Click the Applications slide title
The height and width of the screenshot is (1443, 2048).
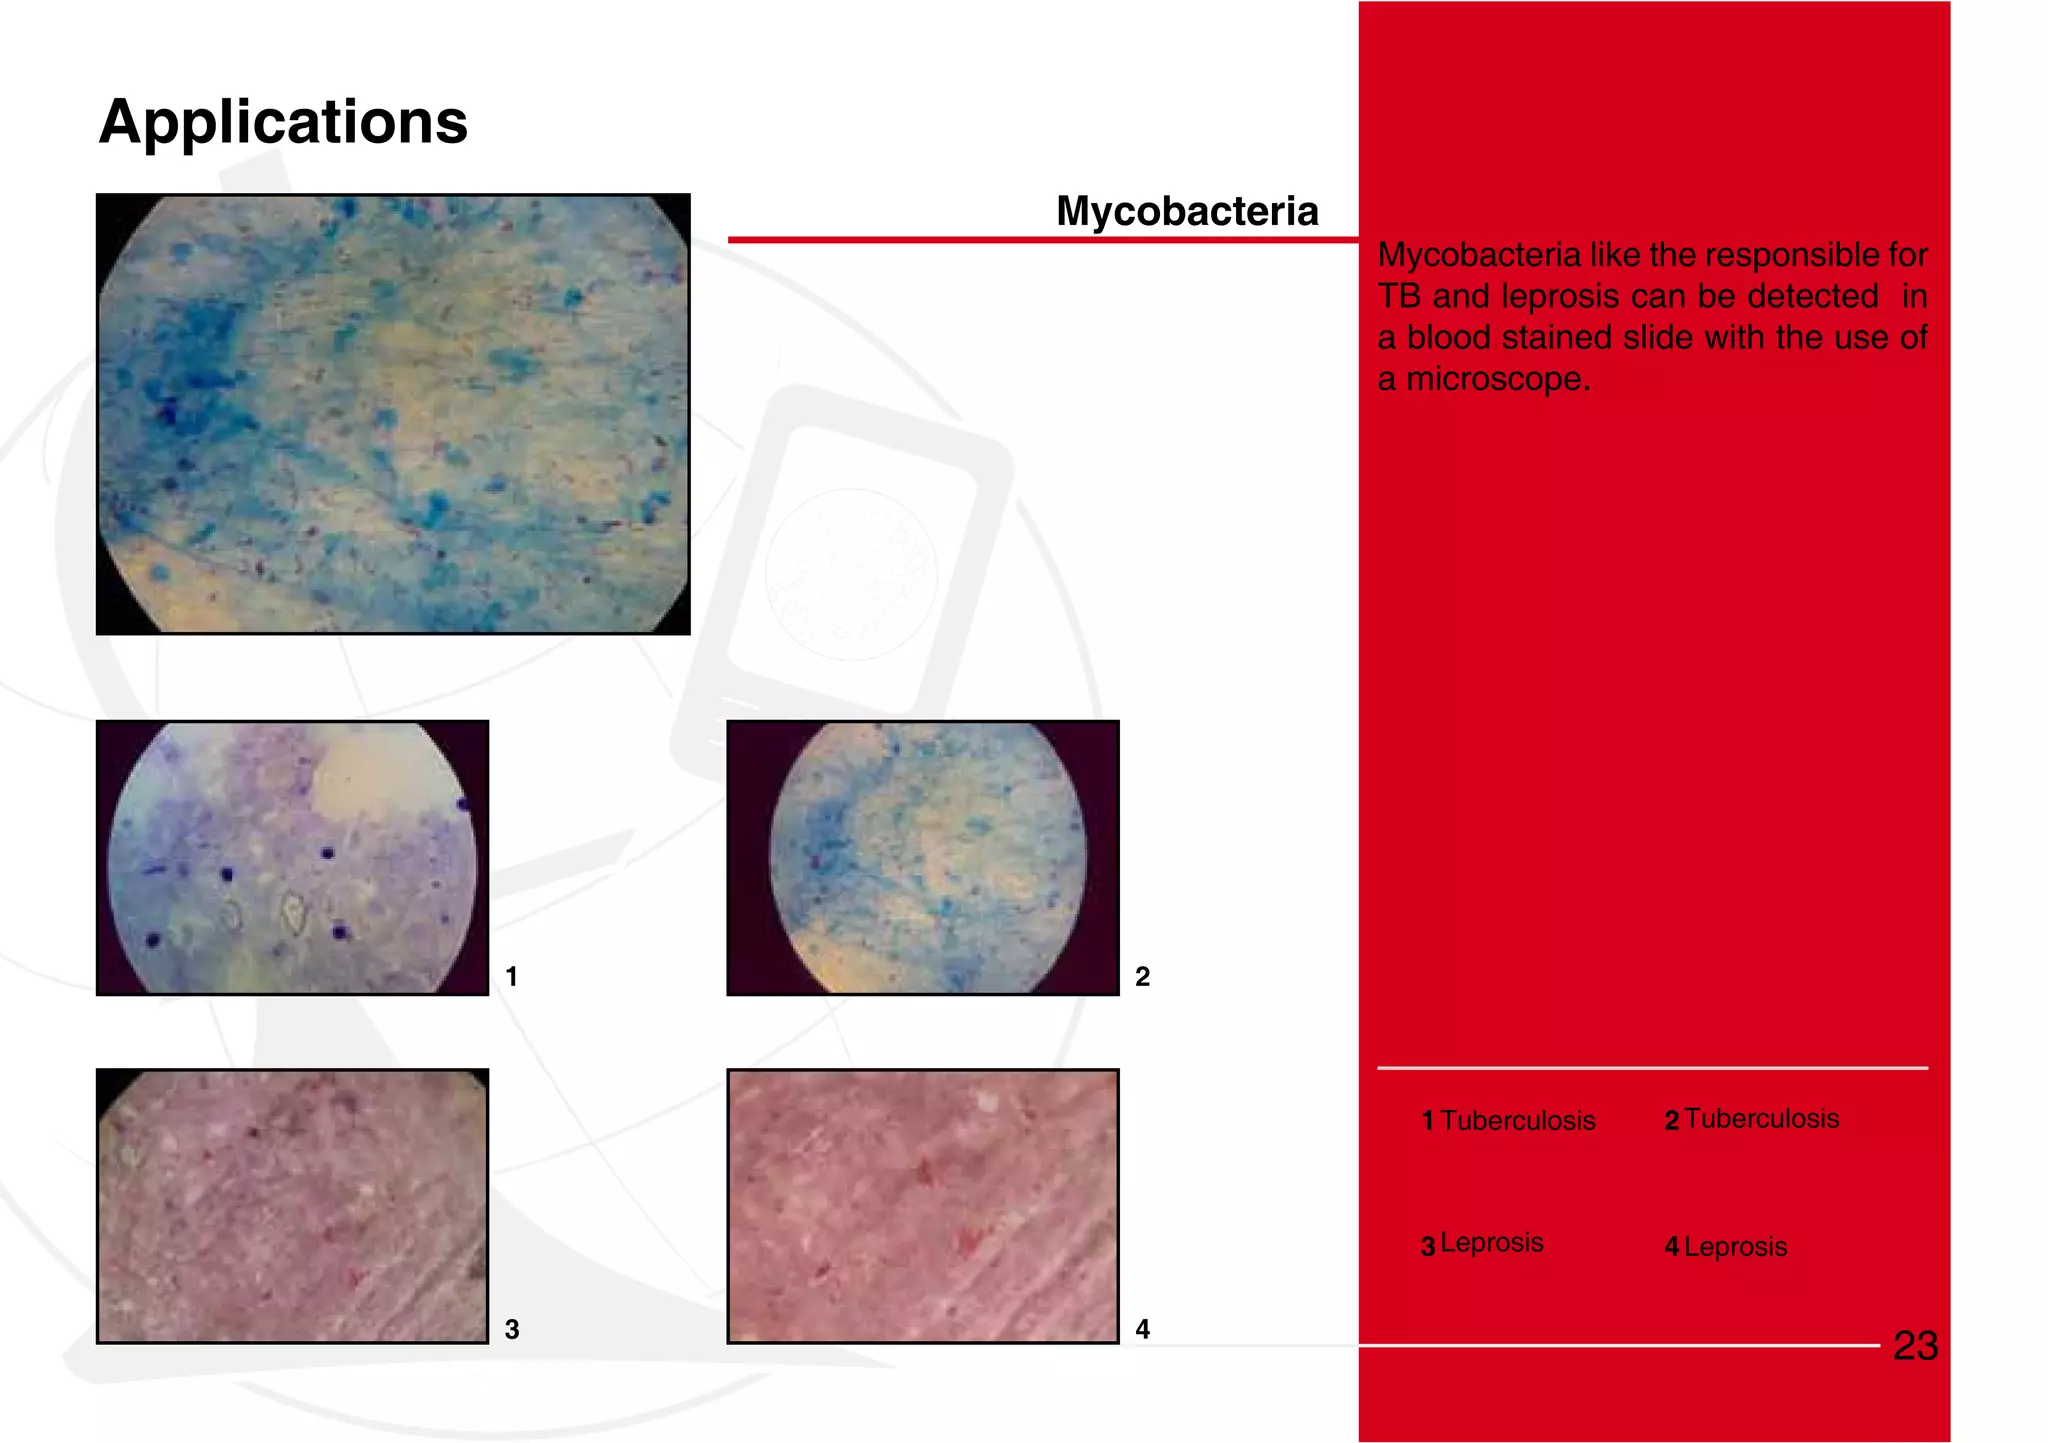click(x=283, y=122)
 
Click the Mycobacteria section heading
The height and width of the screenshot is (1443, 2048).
click(x=1187, y=211)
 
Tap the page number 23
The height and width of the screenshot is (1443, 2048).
click(x=1915, y=1346)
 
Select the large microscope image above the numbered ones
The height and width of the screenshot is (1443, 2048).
click(x=393, y=414)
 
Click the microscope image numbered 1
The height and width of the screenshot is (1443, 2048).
click(x=292, y=857)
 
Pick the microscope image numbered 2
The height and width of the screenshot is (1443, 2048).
click(x=922, y=857)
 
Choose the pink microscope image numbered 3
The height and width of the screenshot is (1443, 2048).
click(x=292, y=1206)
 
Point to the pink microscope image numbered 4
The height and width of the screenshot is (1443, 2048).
click(x=922, y=1206)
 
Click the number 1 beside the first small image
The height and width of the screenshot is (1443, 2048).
click(x=511, y=976)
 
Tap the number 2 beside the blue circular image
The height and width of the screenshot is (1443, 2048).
click(x=1142, y=976)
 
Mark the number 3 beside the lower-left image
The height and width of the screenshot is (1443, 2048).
click(x=511, y=1329)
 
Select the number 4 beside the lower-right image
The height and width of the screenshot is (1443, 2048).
click(x=1142, y=1329)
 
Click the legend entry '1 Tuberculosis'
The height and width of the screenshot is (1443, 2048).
click(x=1508, y=1120)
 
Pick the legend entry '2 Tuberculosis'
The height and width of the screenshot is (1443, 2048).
click(x=1751, y=1119)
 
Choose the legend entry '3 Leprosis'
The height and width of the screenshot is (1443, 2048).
click(x=1482, y=1244)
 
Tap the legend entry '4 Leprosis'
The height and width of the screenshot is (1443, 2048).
click(x=1725, y=1247)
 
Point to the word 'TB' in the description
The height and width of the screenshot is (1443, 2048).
click(x=1399, y=297)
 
